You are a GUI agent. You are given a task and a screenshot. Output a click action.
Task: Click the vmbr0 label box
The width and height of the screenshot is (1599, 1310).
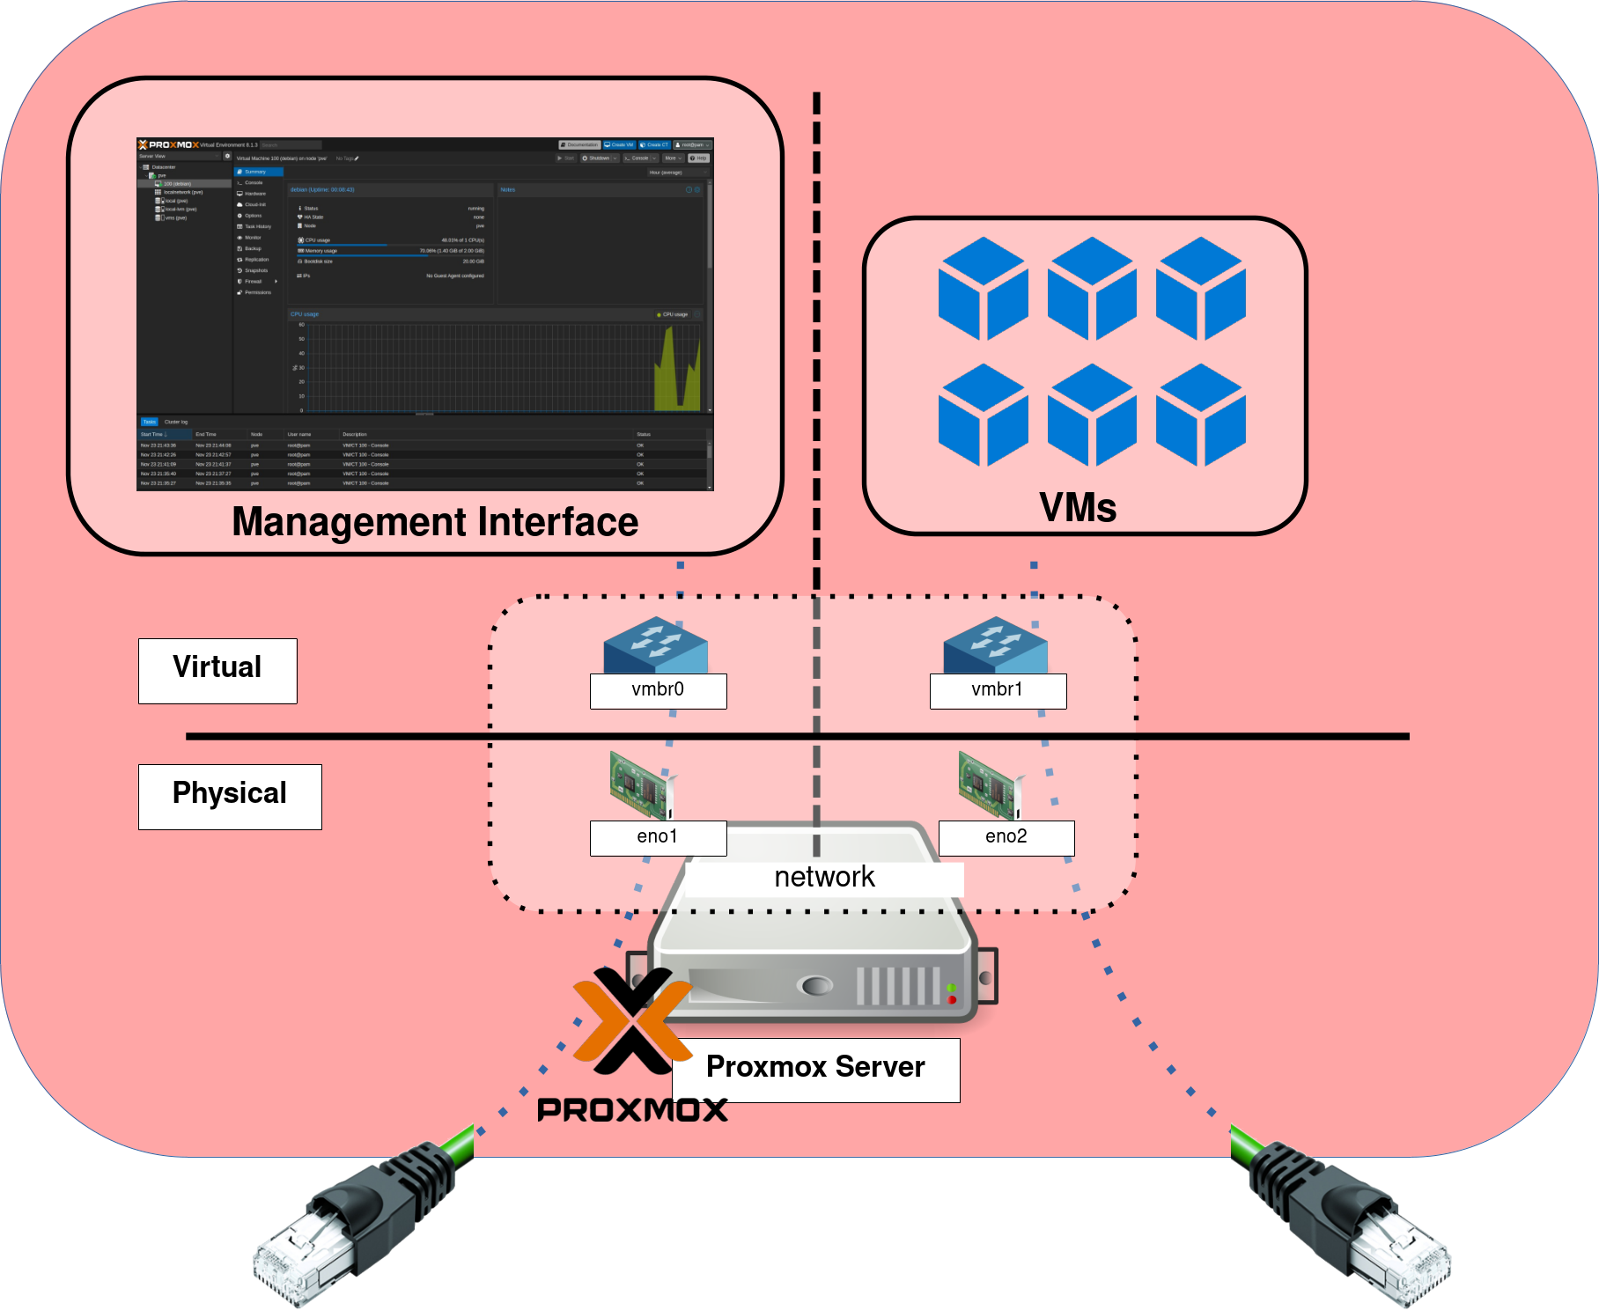(x=658, y=690)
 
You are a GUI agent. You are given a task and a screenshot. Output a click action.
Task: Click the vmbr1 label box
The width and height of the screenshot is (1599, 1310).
(x=998, y=690)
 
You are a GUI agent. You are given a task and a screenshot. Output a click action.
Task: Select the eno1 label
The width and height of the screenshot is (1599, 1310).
(x=658, y=837)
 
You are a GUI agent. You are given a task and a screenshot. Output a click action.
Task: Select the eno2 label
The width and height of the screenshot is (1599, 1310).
(x=1006, y=837)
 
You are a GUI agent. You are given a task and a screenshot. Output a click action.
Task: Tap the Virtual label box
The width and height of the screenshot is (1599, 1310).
(x=217, y=670)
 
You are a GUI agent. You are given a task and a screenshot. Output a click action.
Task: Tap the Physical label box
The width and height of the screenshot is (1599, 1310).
(x=230, y=796)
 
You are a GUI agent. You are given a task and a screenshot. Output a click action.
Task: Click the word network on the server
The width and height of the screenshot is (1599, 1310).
(x=824, y=878)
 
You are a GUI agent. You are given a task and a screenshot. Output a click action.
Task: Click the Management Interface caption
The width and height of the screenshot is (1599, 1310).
(x=435, y=522)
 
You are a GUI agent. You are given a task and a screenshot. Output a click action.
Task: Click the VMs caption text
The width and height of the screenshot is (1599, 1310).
(x=1078, y=508)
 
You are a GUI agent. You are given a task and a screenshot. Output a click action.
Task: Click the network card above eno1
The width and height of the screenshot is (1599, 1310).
(x=642, y=784)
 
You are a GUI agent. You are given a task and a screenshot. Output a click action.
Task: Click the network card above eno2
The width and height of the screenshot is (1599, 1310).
(x=991, y=784)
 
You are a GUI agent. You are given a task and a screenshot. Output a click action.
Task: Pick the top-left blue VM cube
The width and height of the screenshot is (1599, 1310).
(x=983, y=289)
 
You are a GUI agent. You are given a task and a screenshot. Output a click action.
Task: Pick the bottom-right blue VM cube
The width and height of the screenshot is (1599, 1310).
(x=1200, y=416)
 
